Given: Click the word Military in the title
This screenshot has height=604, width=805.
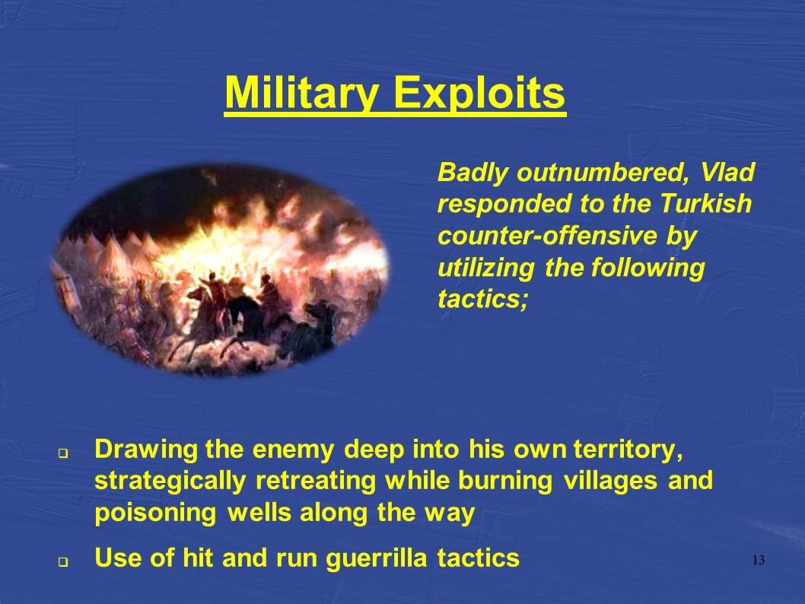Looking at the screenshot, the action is pyautogui.click(x=302, y=93).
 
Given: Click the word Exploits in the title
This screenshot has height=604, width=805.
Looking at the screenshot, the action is pyautogui.click(x=479, y=93).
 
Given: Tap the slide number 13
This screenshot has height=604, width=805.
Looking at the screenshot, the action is pyautogui.click(x=759, y=560).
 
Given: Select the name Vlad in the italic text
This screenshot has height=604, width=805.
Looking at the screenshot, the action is pyautogui.click(x=727, y=172).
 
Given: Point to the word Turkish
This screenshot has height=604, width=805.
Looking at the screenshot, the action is pyautogui.click(x=705, y=203).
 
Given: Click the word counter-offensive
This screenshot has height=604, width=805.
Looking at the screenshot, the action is pyautogui.click(x=547, y=236).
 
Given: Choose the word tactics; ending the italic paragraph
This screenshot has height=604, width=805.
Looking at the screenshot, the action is pyautogui.click(x=482, y=299).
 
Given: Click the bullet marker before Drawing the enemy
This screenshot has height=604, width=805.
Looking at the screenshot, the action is pyautogui.click(x=63, y=453).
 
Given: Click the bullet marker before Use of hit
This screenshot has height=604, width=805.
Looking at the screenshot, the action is pyautogui.click(x=63, y=562).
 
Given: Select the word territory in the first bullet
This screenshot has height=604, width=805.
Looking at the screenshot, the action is pyautogui.click(x=628, y=450).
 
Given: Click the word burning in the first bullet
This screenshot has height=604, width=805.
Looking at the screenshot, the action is pyautogui.click(x=505, y=482).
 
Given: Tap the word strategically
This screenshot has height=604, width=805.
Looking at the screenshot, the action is pyautogui.click(x=170, y=482).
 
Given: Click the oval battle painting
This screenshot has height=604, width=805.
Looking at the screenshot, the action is pyautogui.click(x=220, y=271).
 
